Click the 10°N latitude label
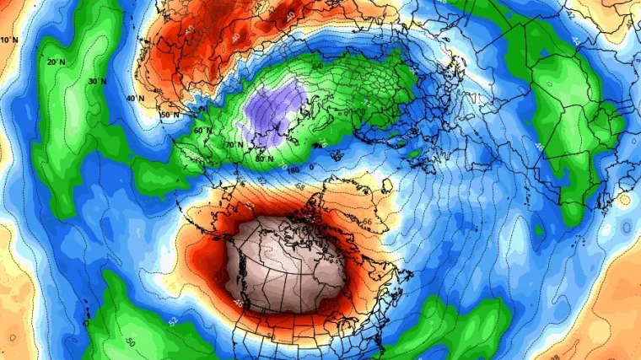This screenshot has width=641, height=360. click(x=9, y=40)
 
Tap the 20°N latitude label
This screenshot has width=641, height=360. click(x=57, y=62)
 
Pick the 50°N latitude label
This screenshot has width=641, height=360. click(x=170, y=115)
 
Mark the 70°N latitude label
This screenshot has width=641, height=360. click(x=234, y=145)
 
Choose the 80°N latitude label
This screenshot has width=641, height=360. click(x=264, y=159)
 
